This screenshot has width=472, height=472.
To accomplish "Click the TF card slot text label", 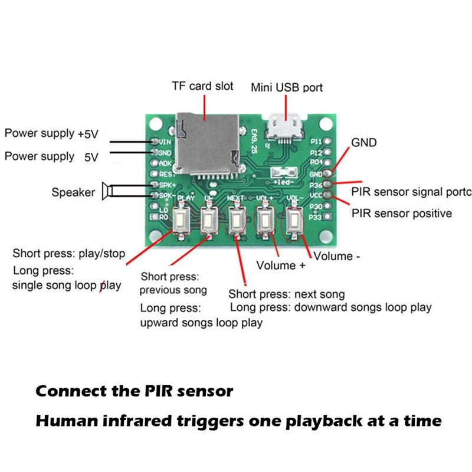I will click(202, 86).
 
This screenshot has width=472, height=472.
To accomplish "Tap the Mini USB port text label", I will click(287, 87).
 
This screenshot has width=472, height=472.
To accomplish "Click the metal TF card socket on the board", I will click(207, 147).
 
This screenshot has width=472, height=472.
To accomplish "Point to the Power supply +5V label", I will click(51, 133).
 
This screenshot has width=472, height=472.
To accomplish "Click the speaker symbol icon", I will click(106, 191).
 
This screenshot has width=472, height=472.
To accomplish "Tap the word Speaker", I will click(73, 192).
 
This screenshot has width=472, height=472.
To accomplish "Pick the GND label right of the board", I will click(363, 143).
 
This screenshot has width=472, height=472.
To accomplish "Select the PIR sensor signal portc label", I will click(411, 192).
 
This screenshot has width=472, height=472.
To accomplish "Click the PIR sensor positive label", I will click(402, 212).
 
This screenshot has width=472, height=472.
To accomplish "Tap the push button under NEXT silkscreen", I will click(235, 220).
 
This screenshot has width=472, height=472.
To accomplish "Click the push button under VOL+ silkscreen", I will click(263, 221).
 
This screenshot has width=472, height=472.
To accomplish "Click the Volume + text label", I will click(281, 265).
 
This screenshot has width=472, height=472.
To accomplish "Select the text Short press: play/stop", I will click(69, 254).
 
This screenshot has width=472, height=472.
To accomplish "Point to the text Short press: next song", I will click(287, 294).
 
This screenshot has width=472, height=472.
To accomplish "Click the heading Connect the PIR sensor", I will click(135, 391).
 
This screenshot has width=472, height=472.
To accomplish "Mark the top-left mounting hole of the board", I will click(156, 125).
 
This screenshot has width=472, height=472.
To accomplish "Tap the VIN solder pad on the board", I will click(155, 142).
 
